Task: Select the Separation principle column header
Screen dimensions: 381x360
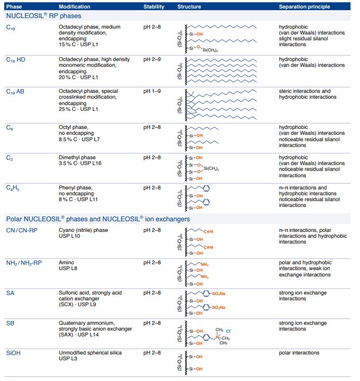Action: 304,7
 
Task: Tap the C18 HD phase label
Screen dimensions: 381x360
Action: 15,59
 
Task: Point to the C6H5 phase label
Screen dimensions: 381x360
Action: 13,188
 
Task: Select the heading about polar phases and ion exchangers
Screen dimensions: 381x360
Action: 98,219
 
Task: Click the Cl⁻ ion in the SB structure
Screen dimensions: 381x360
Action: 230,331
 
